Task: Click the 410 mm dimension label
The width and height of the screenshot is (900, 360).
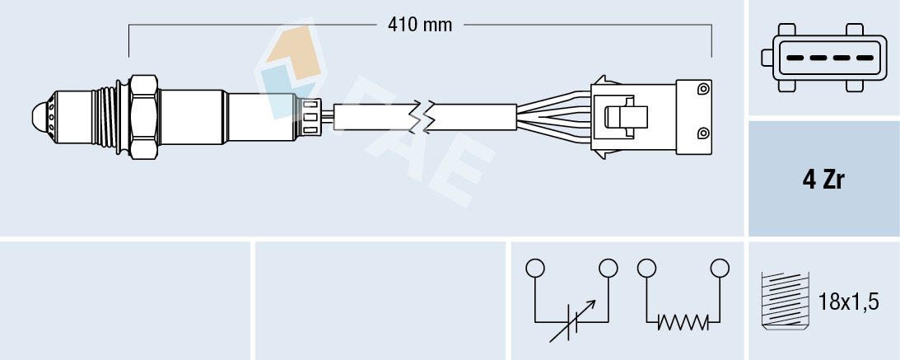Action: [x=420, y=25]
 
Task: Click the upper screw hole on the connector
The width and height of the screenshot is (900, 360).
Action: [x=702, y=89]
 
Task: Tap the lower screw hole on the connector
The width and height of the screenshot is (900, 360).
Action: [x=702, y=133]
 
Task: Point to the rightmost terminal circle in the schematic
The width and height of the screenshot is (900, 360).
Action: [x=720, y=268]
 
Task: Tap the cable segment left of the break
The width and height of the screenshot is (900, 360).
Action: [x=375, y=117]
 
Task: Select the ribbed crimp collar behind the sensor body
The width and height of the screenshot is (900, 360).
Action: [x=310, y=116]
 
